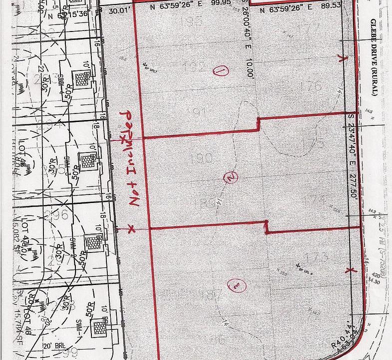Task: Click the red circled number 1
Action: coord(220,71)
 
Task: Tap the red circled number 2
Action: coord(230,177)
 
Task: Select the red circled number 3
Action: coord(233,286)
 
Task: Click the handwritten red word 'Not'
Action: coord(133,194)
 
